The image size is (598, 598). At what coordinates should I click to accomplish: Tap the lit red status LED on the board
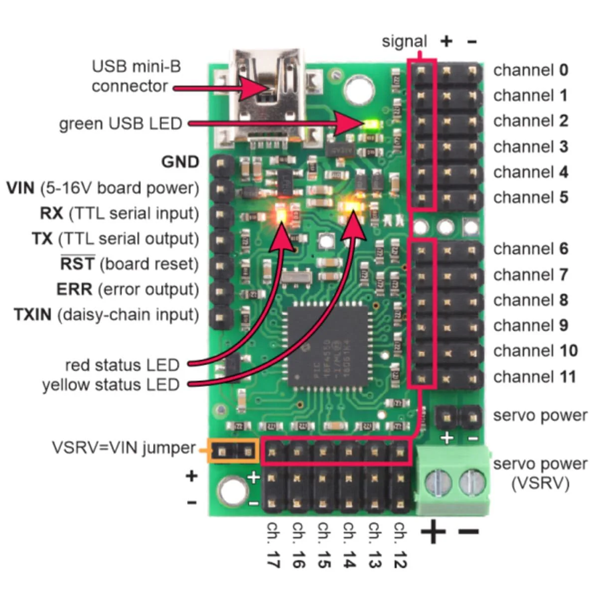281,214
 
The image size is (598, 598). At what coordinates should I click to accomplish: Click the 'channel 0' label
530,70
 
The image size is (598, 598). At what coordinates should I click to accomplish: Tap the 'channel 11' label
534,377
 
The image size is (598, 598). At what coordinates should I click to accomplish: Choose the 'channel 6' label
530,249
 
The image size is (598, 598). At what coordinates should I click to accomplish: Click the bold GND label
180,162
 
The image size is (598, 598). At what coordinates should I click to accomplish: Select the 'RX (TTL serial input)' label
119,213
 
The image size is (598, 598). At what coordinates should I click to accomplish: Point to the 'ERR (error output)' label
127,290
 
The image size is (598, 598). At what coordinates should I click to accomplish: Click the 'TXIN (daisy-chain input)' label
106,315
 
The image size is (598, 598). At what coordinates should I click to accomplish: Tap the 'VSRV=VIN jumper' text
124,448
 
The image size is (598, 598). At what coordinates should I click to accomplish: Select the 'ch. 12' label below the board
400,545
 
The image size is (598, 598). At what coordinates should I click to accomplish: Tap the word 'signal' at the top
404,41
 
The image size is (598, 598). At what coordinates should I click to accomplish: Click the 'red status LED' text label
122,365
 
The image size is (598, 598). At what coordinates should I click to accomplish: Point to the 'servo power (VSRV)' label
540,473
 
